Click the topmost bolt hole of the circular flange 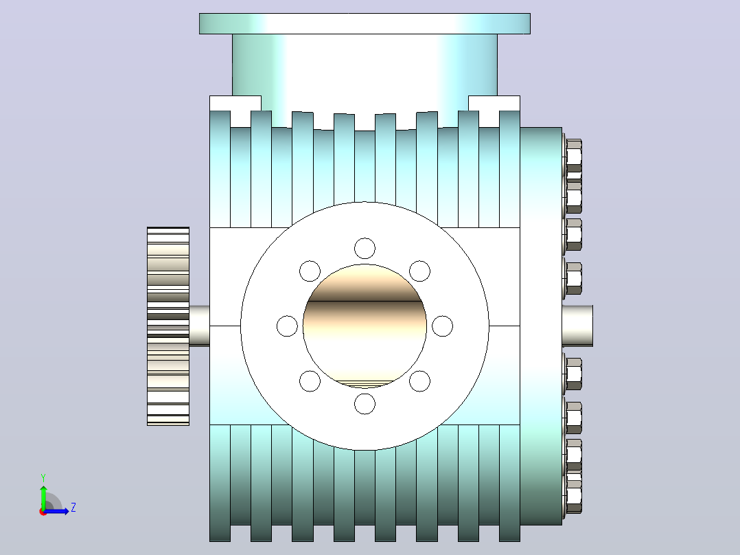(x=365, y=249)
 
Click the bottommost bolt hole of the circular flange (x=365, y=404)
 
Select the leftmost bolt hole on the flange (x=287, y=326)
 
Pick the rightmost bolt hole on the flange (x=442, y=326)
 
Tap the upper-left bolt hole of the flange (x=310, y=271)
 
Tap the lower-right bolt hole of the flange (x=419, y=381)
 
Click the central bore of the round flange (x=365, y=326)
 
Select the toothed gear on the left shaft (x=168, y=326)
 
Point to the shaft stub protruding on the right (x=578, y=326)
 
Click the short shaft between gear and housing (x=200, y=326)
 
